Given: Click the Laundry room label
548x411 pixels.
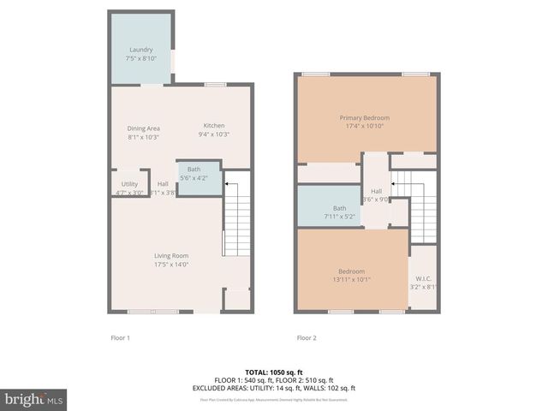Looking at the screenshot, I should coord(140,50).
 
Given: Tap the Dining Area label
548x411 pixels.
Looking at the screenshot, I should coord(144,128).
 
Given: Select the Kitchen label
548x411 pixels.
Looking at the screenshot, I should coord(213,126).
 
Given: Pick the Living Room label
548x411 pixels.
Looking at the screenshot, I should coord(171,255).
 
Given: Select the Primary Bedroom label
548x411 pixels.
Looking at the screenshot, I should coord(364,117).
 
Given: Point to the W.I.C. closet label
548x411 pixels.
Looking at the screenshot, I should coord(423,278).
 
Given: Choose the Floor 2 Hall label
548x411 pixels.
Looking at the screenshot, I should coord(376,191).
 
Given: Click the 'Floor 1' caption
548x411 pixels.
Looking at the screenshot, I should coord(120,338).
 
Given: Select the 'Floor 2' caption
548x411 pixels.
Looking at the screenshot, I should coord(307,338).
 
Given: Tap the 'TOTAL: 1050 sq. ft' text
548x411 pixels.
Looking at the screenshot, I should coord(273,372).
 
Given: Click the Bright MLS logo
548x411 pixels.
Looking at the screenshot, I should coord(34,399).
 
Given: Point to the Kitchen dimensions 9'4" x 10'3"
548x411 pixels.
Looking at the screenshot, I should coord(213,134).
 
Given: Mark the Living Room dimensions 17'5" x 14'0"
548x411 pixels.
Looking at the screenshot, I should coord(171,264).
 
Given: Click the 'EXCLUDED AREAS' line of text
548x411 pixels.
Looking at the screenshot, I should coord(273,388).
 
